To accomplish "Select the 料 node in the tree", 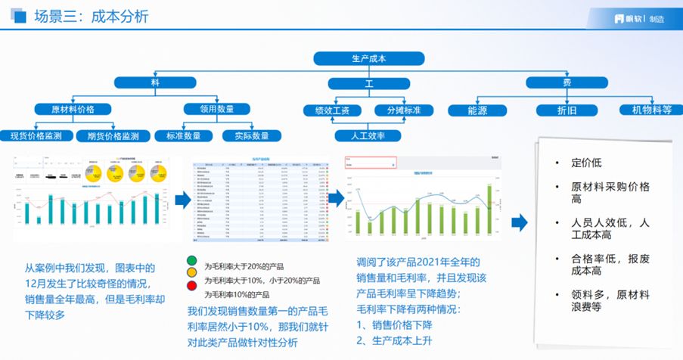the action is point(155,82).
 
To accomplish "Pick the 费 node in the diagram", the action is point(567,82).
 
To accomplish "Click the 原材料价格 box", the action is point(73,109).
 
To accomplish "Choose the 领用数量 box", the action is point(216,109).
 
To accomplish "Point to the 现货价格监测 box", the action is point(36,136).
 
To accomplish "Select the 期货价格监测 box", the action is point(113,136).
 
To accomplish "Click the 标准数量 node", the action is point(184,136).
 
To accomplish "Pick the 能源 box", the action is point(477,110).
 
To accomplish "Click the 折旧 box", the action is point(567,110).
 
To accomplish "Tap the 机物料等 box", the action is point(646,110).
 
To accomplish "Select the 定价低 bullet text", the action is point(586,162).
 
